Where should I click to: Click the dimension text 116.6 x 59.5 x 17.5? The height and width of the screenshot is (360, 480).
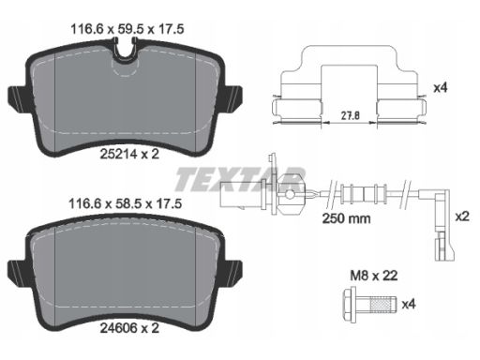coord(127,29)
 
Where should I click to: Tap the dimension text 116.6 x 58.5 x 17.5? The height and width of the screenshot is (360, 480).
coord(125,204)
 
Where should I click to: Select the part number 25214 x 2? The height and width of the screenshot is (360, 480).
coord(129,154)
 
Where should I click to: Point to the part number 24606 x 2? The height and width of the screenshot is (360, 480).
coord(129,328)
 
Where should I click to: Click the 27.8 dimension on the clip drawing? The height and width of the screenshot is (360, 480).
coord(350,115)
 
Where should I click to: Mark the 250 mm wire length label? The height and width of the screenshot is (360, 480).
coord(346,218)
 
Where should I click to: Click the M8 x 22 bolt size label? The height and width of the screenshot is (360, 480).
coord(374,276)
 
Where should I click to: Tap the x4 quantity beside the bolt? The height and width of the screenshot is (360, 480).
coord(409,304)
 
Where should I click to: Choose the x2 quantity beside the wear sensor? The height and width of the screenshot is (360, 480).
coord(462,216)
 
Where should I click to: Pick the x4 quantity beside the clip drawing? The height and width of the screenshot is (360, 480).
coord(441,88)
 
